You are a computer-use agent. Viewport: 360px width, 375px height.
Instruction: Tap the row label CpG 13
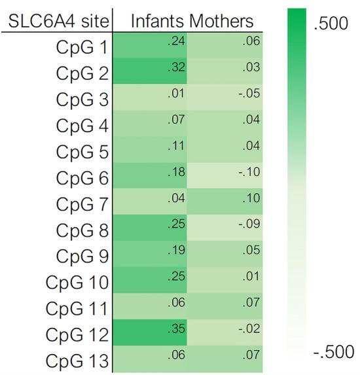point(78,360)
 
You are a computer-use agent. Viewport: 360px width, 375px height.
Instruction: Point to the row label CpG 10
point(78,282)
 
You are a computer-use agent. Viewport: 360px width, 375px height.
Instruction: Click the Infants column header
point(158,21)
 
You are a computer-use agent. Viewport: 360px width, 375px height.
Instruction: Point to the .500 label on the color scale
point(333,26)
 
